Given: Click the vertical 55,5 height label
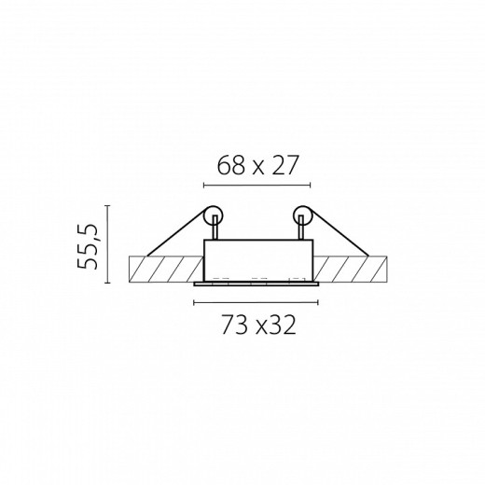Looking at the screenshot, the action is [88, 245].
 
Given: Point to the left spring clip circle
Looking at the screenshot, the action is [214, 216].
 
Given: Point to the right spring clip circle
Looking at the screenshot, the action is [302, 216].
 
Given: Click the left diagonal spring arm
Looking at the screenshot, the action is [176, 232].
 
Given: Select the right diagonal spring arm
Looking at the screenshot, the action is [339, 232].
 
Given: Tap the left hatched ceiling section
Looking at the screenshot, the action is [166, 269].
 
